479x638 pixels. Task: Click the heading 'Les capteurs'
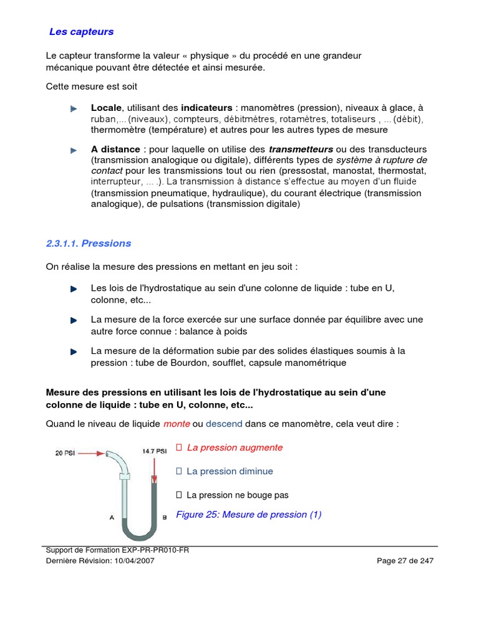[81, 31]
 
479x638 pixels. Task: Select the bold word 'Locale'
[107, 108]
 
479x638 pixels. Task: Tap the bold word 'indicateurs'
[206, 108]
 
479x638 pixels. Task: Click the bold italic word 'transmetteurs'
[301, 150]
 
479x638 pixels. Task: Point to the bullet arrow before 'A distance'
[74, 150]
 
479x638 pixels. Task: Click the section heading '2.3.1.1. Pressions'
[89, 243]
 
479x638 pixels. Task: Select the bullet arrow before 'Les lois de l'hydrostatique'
[74, 289]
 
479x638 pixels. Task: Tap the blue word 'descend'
[224, 424]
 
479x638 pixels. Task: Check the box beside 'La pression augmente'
[179, 447]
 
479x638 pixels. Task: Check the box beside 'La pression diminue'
[179, 471]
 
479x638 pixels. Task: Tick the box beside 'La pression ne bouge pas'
[179, 495]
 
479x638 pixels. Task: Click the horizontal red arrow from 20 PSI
[91, 454]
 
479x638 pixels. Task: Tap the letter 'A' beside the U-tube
[112, 517]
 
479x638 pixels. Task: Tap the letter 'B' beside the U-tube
[164, 517]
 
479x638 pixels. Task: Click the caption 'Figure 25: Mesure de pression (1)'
[249, 515]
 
